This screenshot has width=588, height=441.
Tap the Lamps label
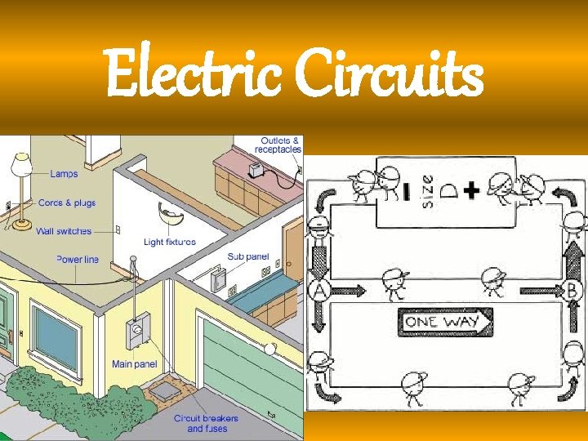[x=65, y=173]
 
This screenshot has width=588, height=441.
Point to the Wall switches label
[x=64, y=231]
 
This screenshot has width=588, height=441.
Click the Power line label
[x=78, y=259]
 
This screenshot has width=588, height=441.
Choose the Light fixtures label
[x=170, y=242]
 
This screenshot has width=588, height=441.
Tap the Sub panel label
[x=247, y=256]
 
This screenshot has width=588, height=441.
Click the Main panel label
[x=135, y=363]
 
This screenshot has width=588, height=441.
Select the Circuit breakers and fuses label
[x=207, y=423]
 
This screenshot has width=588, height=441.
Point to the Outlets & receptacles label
[x=278, y=145]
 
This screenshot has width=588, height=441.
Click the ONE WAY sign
[x=445, y=321]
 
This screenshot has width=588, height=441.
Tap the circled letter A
[x=318, y=289]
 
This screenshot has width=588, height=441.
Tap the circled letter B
[x=572, y=290]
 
